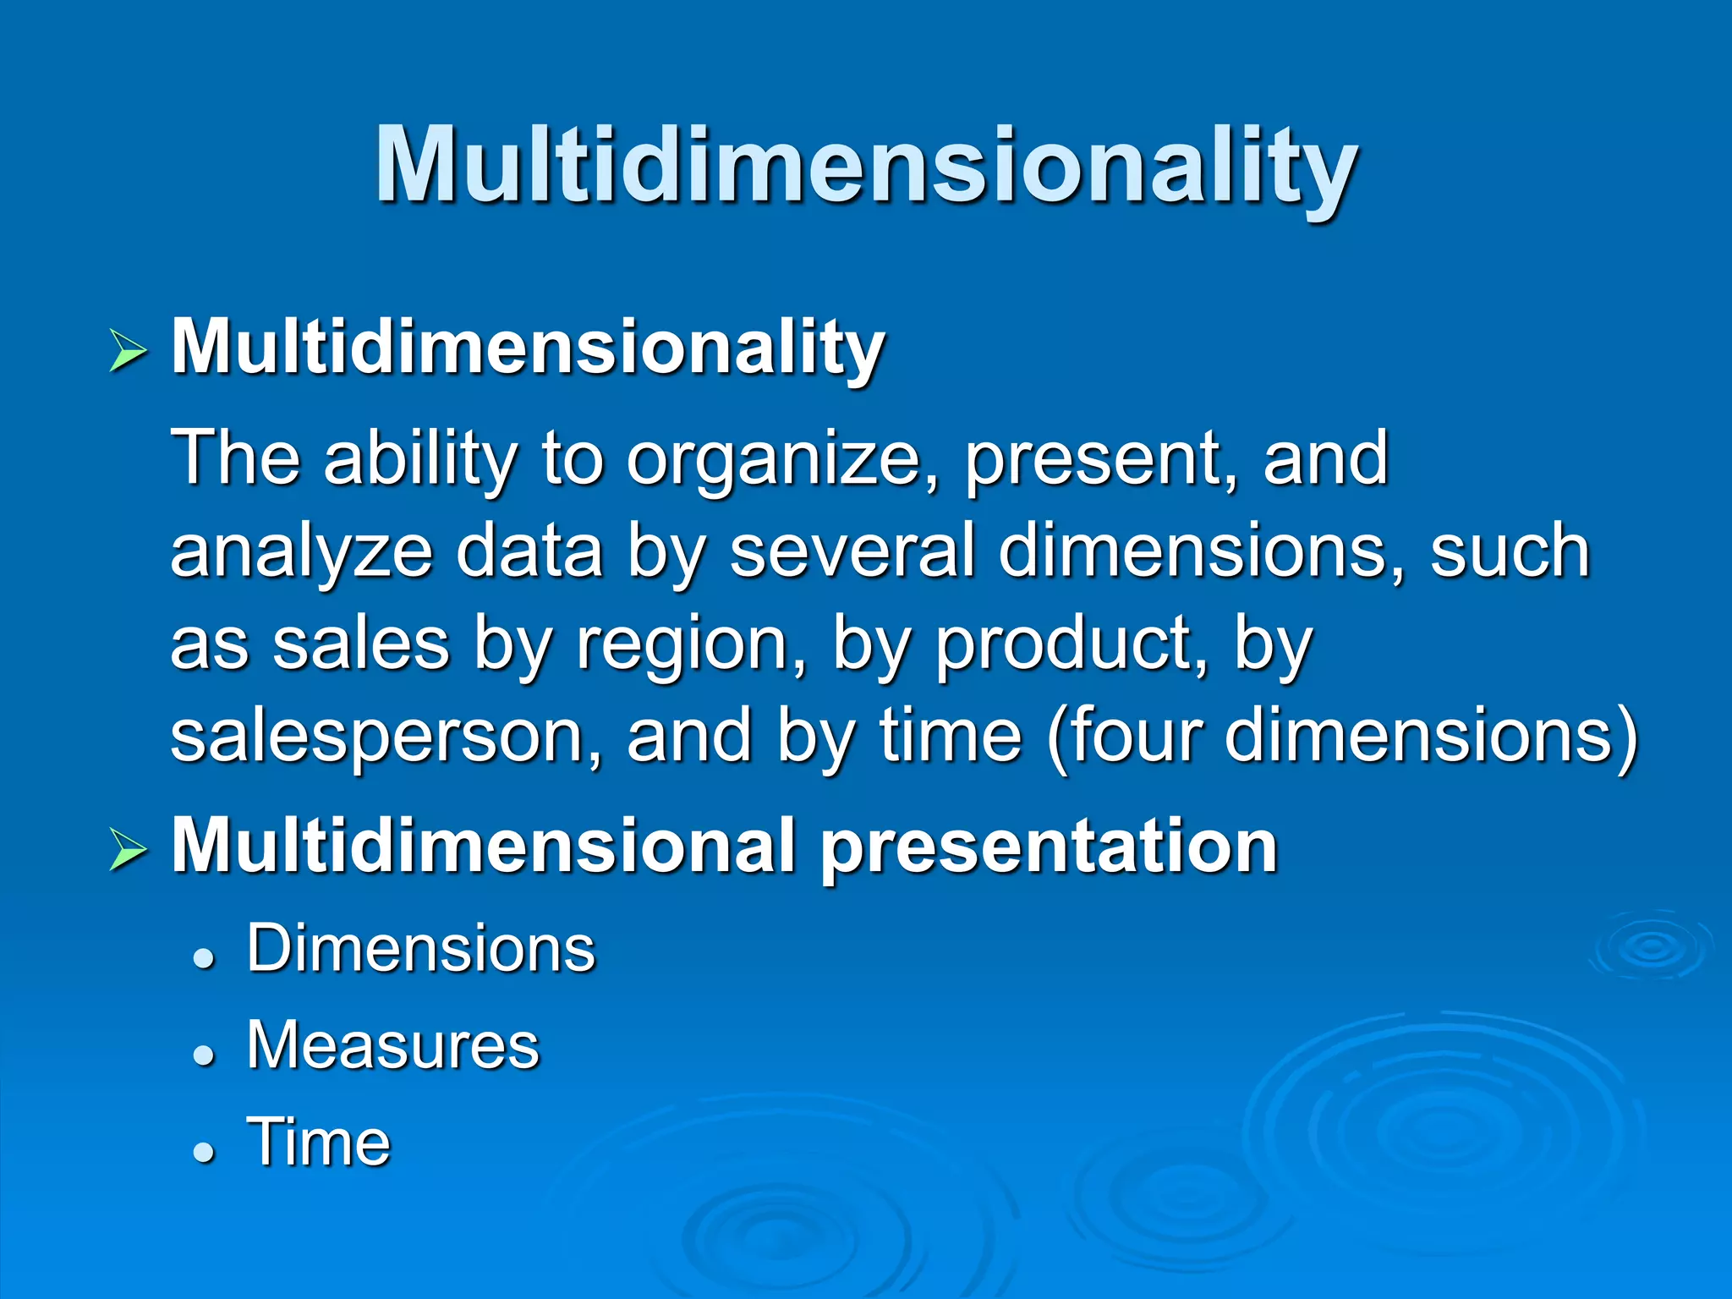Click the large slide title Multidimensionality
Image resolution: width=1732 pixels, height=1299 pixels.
[866, 165]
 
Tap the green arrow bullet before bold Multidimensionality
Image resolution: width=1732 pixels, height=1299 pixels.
[129, 352]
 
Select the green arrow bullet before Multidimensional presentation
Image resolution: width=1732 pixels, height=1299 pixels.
[129, 850]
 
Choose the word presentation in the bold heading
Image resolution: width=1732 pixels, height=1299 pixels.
[1049, 848]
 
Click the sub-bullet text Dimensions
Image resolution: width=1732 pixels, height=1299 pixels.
[421, 949]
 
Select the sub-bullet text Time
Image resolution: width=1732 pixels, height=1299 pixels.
[319, 1142]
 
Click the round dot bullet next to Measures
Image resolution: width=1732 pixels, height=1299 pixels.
[204, 1054]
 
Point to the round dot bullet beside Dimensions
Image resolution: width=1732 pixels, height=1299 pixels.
[204, 957]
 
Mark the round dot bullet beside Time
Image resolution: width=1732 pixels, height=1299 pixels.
[204, 1151]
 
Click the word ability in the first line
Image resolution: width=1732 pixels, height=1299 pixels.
[420, 461]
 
